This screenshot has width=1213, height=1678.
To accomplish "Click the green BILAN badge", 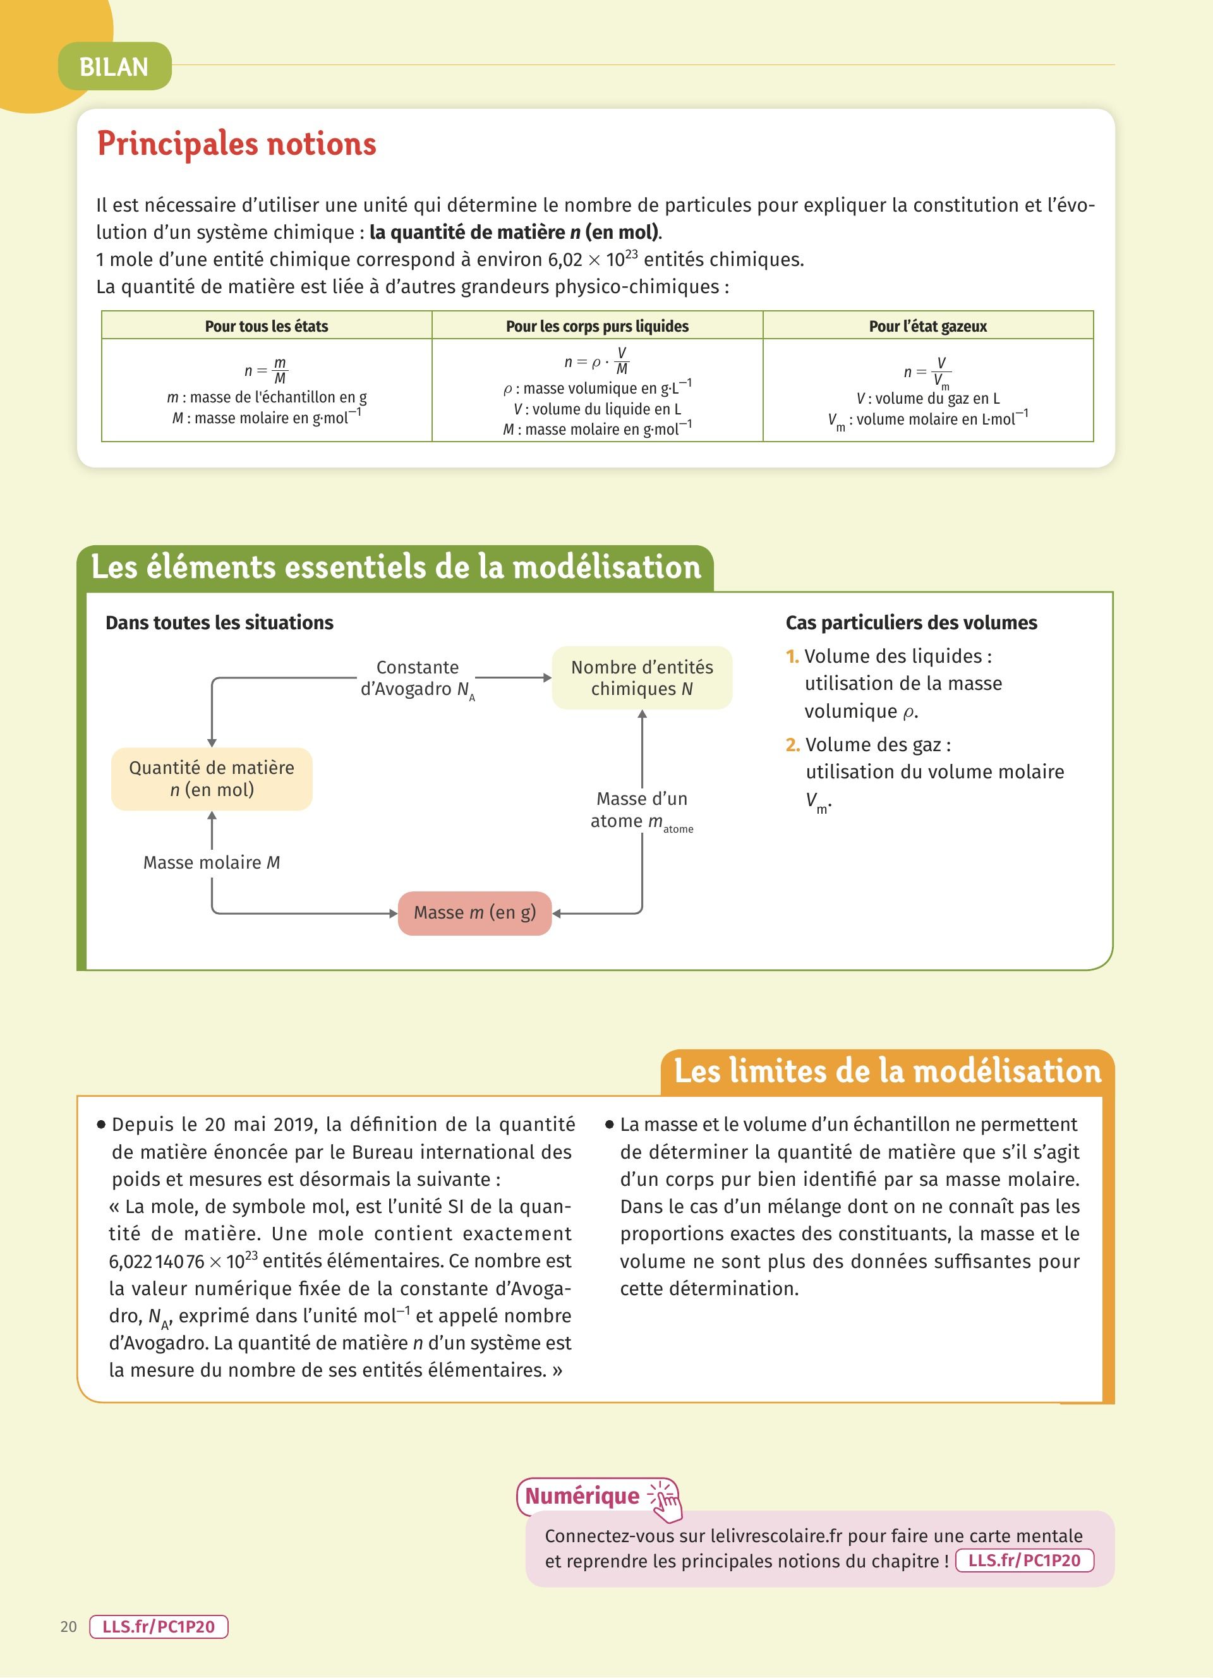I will (x=114, y=66).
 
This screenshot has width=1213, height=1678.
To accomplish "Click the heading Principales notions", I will (x=237, y=143).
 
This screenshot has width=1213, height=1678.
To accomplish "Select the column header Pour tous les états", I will (x=266, y=326).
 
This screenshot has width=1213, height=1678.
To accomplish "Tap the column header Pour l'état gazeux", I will (x=927, y=326).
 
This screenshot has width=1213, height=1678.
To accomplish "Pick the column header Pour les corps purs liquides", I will (x=597, y=326).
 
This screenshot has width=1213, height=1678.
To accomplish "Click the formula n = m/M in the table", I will (x=266, y=370).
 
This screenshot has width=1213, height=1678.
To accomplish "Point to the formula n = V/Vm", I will (x=927, y=372).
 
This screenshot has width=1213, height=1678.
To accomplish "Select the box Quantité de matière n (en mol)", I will (x=212, y=779).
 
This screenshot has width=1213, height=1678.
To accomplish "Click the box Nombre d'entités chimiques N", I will (x=642, y=678).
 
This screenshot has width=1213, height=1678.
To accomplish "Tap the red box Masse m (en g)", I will (x=475, y=913).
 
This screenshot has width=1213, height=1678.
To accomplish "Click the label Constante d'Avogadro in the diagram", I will (x=417, y=679).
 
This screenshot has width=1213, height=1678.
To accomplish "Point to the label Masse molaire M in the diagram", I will (x=212, y=862).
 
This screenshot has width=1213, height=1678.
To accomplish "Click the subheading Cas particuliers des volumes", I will (x=911, y=623).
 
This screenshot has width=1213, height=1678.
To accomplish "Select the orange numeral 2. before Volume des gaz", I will (x=792, y=744).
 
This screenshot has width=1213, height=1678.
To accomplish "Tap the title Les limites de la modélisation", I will (x=888, y=1071).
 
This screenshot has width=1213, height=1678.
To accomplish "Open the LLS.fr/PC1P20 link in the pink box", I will (x=1024, y=1560).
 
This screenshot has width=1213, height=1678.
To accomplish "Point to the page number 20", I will (x=69, y=1627).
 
